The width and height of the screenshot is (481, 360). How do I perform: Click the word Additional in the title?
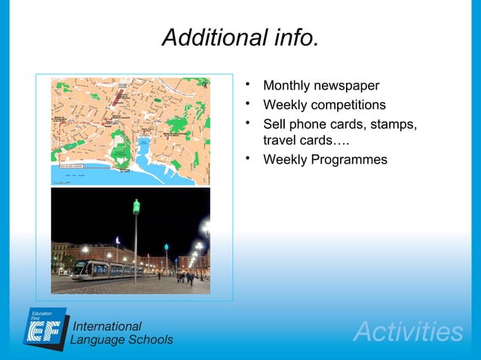tap(208, 38)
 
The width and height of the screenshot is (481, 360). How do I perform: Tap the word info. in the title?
tap(290, 38)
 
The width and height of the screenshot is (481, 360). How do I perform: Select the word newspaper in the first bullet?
tap(345, 86)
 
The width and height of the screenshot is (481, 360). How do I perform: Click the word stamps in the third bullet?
tap(394, 124)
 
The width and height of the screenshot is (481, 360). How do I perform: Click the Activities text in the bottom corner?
tap(408, 331)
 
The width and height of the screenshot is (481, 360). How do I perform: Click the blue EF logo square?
tap(45, 327)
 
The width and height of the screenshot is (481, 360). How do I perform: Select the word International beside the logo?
tap(106, 326)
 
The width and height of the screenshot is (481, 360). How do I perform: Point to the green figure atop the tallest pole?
tap(136, 205)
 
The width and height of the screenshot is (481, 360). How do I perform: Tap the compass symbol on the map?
tap(204, 84)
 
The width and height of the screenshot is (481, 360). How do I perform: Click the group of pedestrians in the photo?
tap(185, 276)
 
